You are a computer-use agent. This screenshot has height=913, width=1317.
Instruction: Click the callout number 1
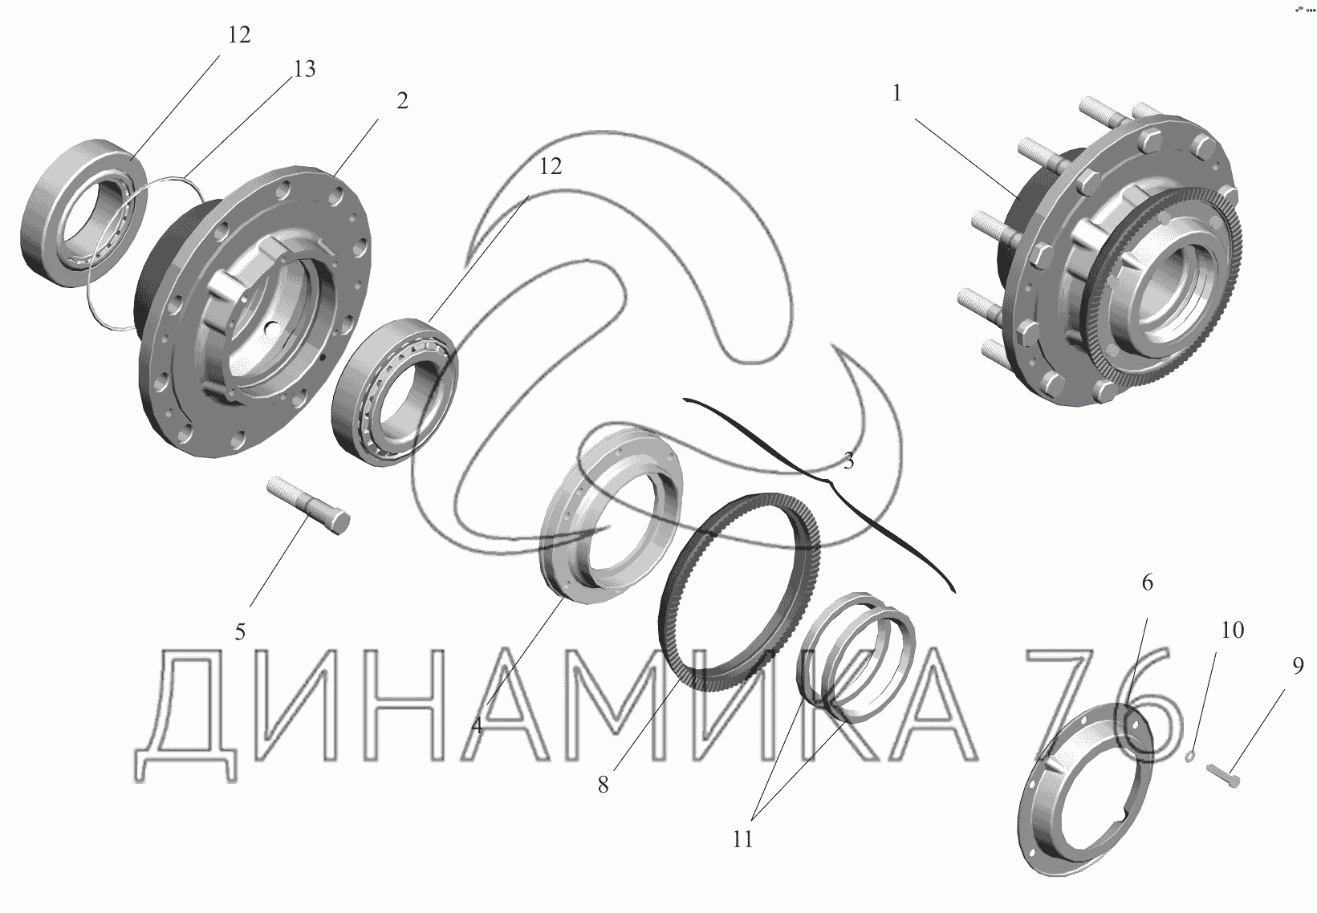[x=896, y=94]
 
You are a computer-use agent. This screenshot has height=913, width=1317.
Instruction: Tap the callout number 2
[x=402, y=101]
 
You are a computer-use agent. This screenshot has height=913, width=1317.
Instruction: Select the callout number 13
[x=304, y=69]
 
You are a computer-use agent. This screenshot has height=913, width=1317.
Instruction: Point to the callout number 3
[x=848, y=461]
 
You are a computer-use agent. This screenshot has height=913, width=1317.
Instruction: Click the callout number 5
[x=240, y=632]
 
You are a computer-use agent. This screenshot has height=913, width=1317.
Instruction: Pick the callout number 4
[x=477, y=725]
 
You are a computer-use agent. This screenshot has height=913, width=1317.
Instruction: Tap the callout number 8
[x=604, y=785]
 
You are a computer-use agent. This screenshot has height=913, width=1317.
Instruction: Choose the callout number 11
[x=742, y=839]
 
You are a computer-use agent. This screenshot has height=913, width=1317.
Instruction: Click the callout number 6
[x=1147, y=582]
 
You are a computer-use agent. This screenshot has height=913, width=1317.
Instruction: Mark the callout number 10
[x=1233, y=631]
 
